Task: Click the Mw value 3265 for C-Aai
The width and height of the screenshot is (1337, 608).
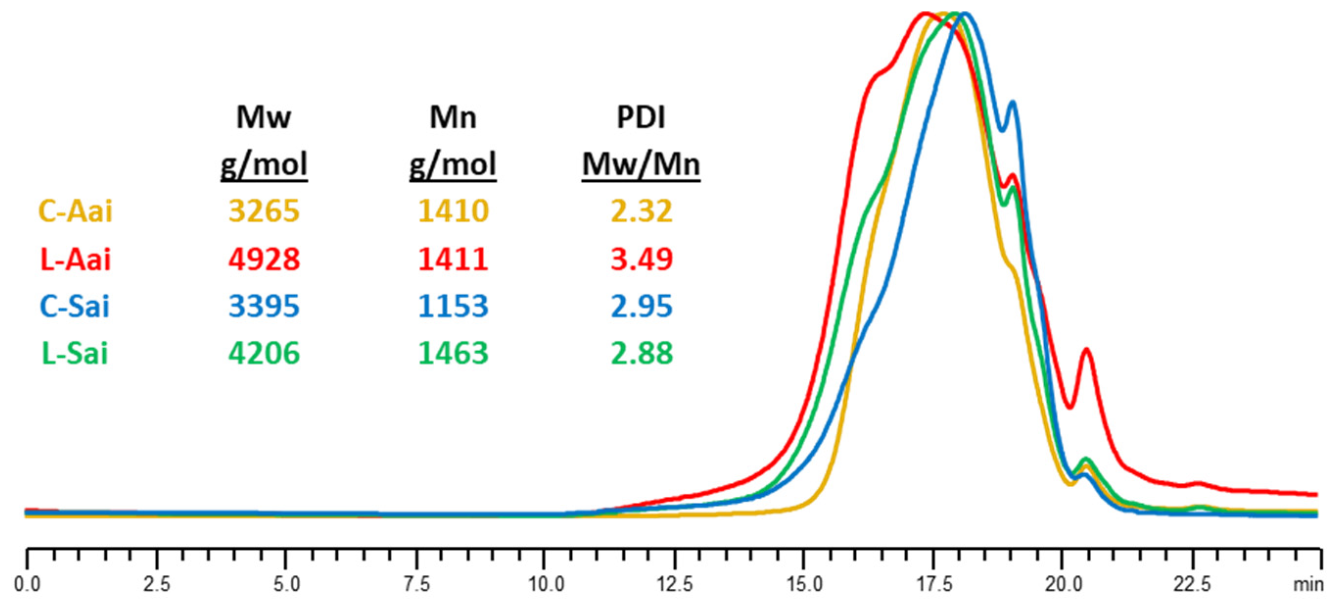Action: click(264, 211)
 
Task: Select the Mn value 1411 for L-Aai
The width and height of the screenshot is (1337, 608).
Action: click(453, 259)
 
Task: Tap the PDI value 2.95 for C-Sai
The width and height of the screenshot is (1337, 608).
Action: click(641, 306)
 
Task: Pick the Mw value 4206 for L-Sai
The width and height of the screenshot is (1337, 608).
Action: click(264, 353)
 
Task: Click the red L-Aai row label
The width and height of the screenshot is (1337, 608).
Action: click(76, 259)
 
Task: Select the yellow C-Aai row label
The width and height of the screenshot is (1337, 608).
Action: click(76, 211)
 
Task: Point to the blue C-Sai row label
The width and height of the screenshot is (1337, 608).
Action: click(75, 306)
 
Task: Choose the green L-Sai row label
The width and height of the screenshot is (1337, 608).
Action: click(75, 353)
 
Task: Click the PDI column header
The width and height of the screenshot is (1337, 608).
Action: click(641, 118)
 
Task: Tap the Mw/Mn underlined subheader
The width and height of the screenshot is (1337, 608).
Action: click(641, 165)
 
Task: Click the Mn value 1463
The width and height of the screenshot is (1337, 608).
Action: click(453, 353)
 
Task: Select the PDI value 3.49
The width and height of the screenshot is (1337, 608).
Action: click(641, 259)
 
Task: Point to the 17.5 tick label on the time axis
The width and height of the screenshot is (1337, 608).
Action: click(934, 584)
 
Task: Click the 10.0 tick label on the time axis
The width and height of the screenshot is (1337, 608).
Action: click(545, 584)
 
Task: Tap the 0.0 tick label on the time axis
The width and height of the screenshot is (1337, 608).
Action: click(27, 584)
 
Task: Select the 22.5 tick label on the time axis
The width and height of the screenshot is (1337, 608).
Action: click(1192, 584)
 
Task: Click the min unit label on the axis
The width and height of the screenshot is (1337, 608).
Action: click(1308, 584)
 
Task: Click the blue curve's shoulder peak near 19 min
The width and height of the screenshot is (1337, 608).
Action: click(1012, 103)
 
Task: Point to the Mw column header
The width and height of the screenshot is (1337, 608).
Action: click(264, 118)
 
